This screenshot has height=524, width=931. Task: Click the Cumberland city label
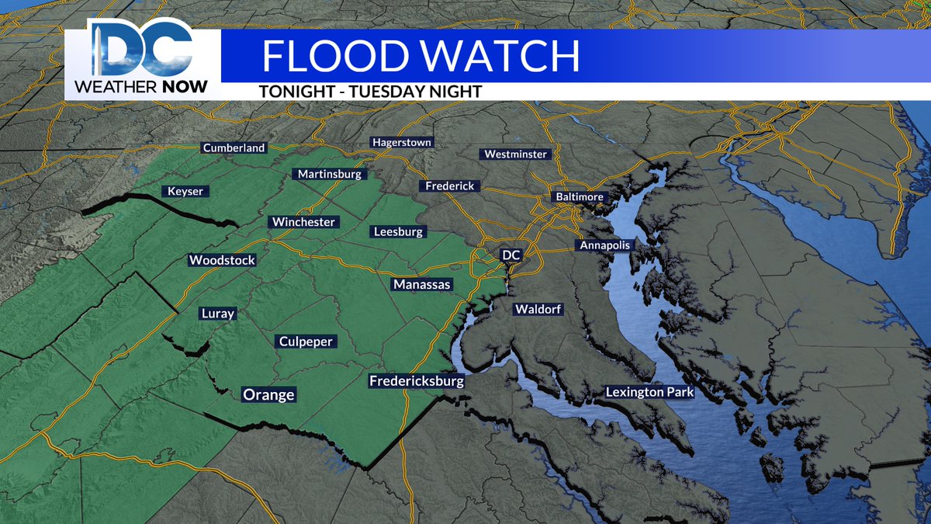[x=234, y=147]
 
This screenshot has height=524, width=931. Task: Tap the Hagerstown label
[x=402, y=143]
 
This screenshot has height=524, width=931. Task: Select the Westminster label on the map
[x=516, y=154]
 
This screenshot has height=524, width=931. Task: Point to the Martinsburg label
[x=330, y=175]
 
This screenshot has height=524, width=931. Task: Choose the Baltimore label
[x=579, y=197]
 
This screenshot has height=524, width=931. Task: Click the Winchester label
[x=304, y=222]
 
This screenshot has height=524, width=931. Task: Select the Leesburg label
[x=398, y=232]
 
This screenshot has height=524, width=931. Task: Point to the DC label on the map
[x=511, y=255]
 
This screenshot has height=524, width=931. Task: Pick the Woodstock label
[x=222, y=261]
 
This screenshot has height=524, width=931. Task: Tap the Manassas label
[x=421, y=285]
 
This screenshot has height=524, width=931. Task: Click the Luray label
[x=217, y=314]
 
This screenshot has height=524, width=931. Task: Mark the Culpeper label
[x=305, y=342]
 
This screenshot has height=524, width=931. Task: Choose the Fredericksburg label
[x=416, y=381]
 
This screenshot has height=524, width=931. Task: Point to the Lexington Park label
[x=650, y=392]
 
